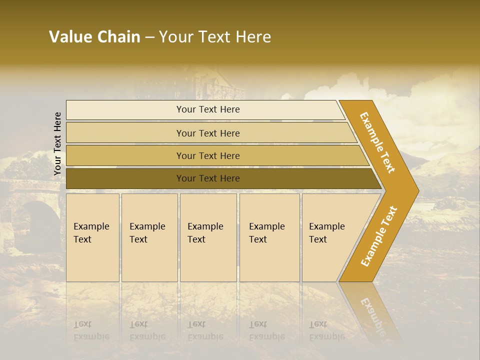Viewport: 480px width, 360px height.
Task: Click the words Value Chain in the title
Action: click(94, 37)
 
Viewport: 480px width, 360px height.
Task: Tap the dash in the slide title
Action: click(149, 37)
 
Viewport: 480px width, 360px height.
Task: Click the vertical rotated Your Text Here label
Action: click(57, 143)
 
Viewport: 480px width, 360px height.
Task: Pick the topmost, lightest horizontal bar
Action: click(207, 109)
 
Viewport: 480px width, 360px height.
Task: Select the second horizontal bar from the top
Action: click(207, 133)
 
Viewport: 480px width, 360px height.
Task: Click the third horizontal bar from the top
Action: click(207, 155)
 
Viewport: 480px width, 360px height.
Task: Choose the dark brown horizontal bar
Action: click(207, 178)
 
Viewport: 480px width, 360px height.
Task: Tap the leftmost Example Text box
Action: click(92, 237)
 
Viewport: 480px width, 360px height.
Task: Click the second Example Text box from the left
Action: click(149, 237)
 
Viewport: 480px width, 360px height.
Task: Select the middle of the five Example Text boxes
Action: click(208, 237)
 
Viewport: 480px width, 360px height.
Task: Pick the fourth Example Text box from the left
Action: click(269, 237)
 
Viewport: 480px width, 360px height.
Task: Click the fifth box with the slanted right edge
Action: click(330, 237)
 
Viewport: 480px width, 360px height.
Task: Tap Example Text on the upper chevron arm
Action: click(377, 142)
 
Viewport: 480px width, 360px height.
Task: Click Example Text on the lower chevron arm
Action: click(378, 236)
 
